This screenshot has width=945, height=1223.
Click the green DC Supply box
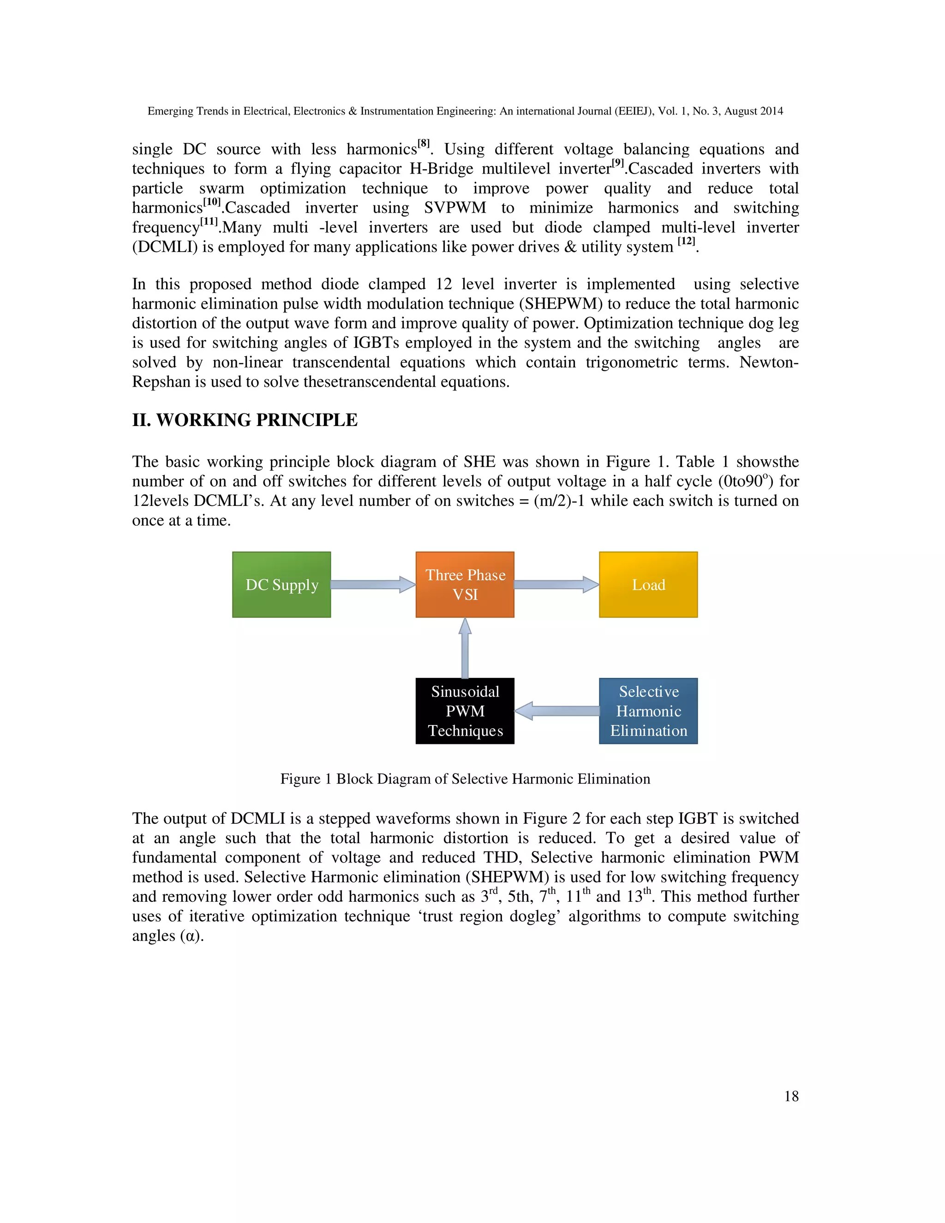pyautogui.click(x=281, y=585)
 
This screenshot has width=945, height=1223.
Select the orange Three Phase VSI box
pyautogui.click(x=465, y=585)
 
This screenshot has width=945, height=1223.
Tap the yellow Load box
pyautogui.click(x=648, y=585)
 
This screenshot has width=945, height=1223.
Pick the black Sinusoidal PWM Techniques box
pyautogui.click(x=465, y=711)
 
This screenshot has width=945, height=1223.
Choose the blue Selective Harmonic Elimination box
pyautogui.click(x=648, y=711)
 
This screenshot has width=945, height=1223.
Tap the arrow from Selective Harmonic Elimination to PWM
pyautogui.click(x=556, y=711)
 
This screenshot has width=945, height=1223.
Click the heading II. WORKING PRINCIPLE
pyautogui.click(x=245, y=420)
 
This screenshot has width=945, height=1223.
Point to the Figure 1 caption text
pyautogui.click(x=465, y=779)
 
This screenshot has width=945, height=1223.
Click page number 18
pyautogui.click(x=791, y=1097)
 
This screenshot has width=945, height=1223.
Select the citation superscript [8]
pyautogui.click(x=424, y=144)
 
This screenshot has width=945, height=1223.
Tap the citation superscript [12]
pyautogui.click(x=686, y=241)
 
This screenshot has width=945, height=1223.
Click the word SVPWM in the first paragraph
pyautogui.click(x=455, y=208)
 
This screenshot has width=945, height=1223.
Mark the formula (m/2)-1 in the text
pyautogui.click(x=560, y=501)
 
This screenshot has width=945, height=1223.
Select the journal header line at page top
pyautogui.click(x=465, y=111)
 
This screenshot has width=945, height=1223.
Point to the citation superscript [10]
pyautogui.click(x=212, y=202)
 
